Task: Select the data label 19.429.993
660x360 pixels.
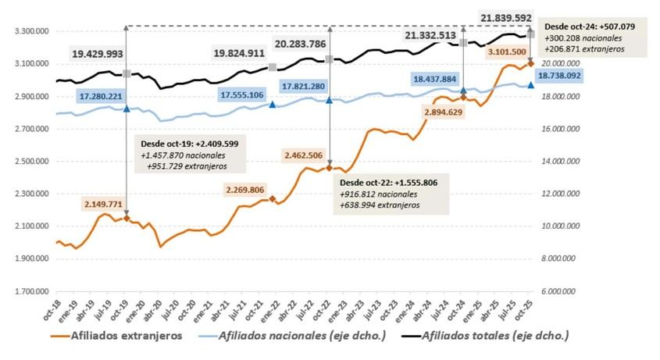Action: (x=104, y=56)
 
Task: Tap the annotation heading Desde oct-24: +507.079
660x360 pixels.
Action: (x=588, y=25)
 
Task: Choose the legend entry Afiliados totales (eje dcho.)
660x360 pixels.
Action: (x=494, y=337)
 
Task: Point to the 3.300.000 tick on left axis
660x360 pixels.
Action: (x=26, y=31)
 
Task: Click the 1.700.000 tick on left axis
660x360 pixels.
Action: (x=26, y=292)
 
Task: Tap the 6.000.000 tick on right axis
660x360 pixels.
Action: (x=561, y=292)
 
